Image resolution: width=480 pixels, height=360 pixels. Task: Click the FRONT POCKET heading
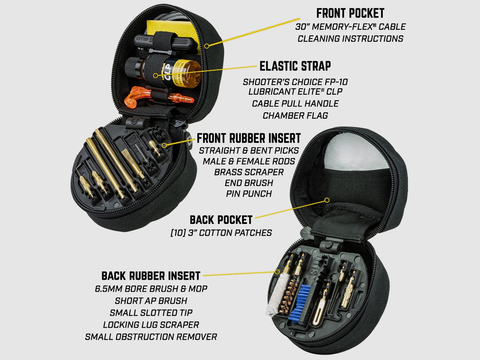pyautogui.click(x=350, y=13)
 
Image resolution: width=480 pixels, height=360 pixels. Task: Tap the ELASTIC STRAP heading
pyautogui.click(x=295, y=66)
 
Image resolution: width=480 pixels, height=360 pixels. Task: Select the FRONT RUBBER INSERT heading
pyautogui.click(x=248, y=138)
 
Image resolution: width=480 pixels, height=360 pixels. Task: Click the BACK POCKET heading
pyautogui.click(x=221, y=220)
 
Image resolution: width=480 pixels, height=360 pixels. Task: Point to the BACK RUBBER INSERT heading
pyautogui.click(x=151, y=276)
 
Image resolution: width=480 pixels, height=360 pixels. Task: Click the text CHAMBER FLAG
pyautogui.click(x=295, y=116)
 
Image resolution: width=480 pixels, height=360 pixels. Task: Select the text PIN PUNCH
pyautogui.click(x=248, y=194)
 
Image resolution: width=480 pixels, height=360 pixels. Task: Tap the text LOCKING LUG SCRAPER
pyautogui.click(x=151, y=325)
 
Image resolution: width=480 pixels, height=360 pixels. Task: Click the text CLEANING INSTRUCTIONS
pyautogui.click(x=350, y=39)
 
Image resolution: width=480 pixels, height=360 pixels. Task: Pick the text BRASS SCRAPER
pyautogui.click(x=248, y=172)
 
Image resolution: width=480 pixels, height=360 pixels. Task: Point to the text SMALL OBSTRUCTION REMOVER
pyautogui.click(x=151, y=337)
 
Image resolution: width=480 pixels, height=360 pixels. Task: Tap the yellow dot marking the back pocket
pyautogui.click(x=327, y=200)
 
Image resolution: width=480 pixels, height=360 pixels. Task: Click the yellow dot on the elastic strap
pyautogui.click(x=155, y=76)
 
